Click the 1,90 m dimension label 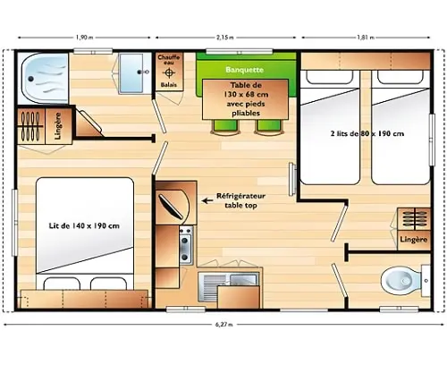[84, 38]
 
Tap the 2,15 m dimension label [225, 38]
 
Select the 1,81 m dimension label [366, 38]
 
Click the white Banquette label [245, 70]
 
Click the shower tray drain [30, 79]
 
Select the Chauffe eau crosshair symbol [169, 72]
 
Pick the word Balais [169, 85]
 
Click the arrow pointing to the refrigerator [207, 200]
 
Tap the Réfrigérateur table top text [240, 200]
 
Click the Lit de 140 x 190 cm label [84, 226]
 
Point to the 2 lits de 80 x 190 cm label [367, 133]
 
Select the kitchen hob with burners [186, 245]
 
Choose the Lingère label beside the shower [58, 126]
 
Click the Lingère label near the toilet [414, 240]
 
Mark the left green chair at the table [225, 126]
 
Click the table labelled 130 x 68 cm [246, 99]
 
